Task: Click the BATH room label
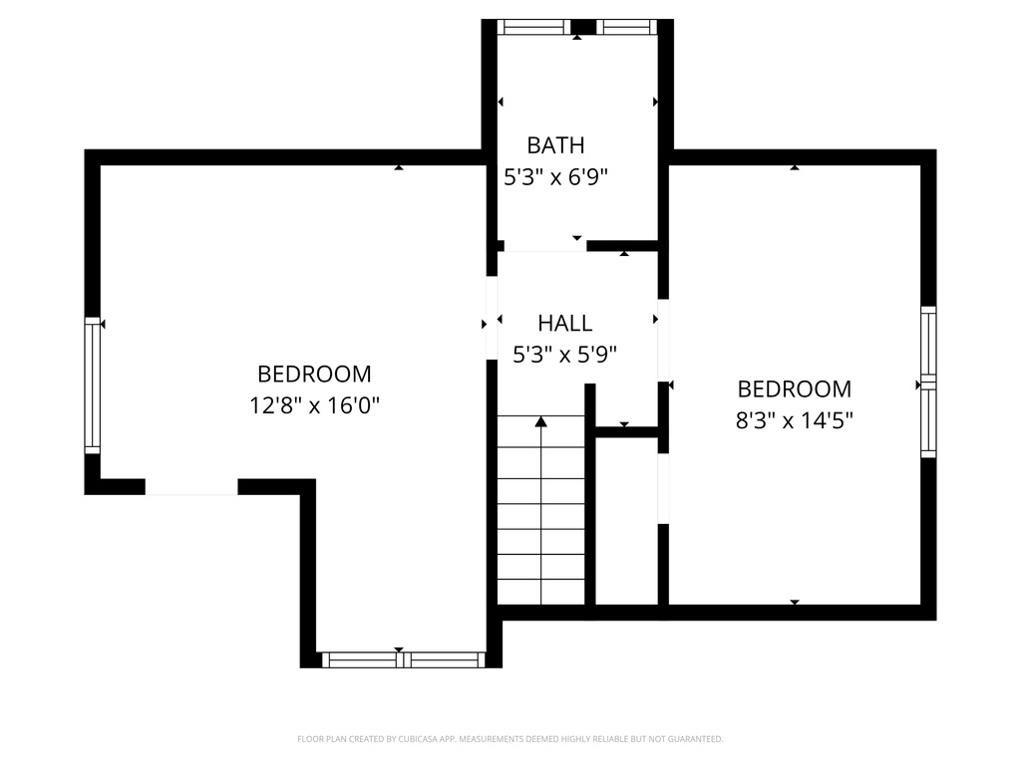tap(555, 145)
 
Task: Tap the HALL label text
tap(564, 323)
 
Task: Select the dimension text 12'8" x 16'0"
tap(314, 405)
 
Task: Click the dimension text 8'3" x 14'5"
tap(794, 420)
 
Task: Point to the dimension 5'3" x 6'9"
tap(555, 177)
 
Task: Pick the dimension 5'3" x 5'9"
tap(564, 354)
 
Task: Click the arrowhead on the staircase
tap(541, 421)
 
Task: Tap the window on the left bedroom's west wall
tap(93, 384)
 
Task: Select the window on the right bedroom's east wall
tap(928, 382)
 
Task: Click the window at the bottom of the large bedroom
tap(403, 659)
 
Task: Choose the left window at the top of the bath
tap(533, 27)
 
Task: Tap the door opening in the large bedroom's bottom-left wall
tap(191, 487)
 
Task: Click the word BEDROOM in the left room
tap(314, 375)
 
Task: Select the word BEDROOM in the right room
tap(794, 389)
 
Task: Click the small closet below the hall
tap(626, 518)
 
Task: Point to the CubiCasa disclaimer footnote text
tap(510, 739)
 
